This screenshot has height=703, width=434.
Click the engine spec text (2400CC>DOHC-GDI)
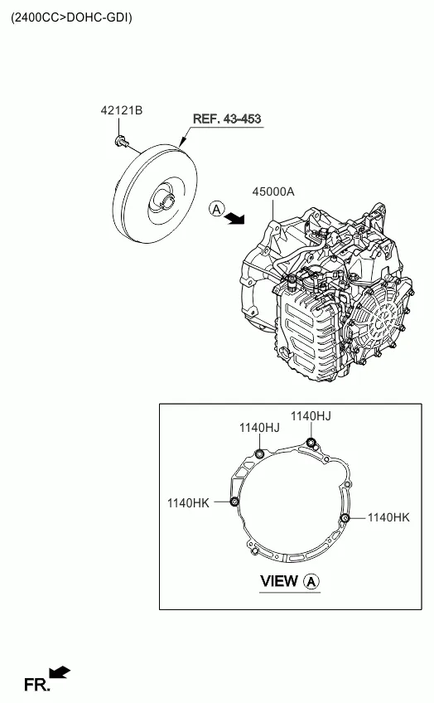click(x=70, y=17)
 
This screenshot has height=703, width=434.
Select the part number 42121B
click(x=122, y=110)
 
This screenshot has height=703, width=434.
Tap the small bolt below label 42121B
click(x=122, y=142)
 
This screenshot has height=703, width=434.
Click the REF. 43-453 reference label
click(x=226, y=119)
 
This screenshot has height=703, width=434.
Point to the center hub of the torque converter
click(x=166, y=201)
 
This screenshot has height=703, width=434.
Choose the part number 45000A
click(x=272, y=192)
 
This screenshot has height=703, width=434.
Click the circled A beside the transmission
click(x=216, y=209)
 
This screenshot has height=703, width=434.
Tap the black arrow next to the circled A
click(x=237, y=217)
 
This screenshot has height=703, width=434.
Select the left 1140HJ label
click(x=259, y=428)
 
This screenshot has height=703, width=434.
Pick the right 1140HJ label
click(x=311, y=415)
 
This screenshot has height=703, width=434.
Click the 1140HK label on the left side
click(x=188, y=502)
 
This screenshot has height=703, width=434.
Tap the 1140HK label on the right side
click(x=388, y=517)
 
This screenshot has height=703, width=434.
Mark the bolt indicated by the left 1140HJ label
click(x=259, y=453)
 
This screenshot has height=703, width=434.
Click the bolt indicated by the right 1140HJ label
click(x=311, y=442)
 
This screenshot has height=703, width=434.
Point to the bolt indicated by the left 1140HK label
click(x=234, y=502)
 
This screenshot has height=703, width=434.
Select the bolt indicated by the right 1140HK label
click(x=344, y=518)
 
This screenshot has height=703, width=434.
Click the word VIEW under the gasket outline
click(x=278, y=581)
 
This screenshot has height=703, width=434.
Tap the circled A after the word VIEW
click(x=311, y=582)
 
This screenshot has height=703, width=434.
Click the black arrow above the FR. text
click(x=60, y=671)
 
